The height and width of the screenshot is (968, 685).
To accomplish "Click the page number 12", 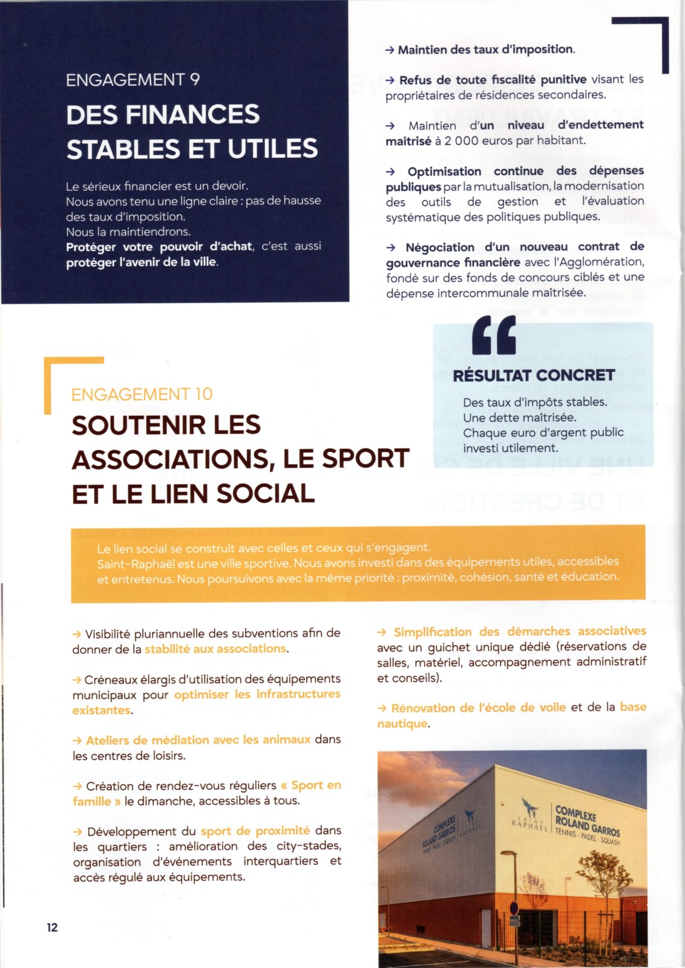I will tap(53, 927).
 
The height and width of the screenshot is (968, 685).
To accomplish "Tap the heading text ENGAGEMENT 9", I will tap(133, 80).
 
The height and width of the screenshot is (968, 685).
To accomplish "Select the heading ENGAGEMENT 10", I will tap(142, 394).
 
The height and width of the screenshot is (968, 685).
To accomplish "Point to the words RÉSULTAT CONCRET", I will tap(534, 376).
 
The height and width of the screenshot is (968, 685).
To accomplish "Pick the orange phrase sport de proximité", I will tap(255, 831).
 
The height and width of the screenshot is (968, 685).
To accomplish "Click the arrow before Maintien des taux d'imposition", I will tap(390, 50).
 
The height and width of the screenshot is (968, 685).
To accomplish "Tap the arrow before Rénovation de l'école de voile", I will tap(382, 708).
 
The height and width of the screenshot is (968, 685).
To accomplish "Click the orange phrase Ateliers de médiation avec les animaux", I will tap(198, 740).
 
